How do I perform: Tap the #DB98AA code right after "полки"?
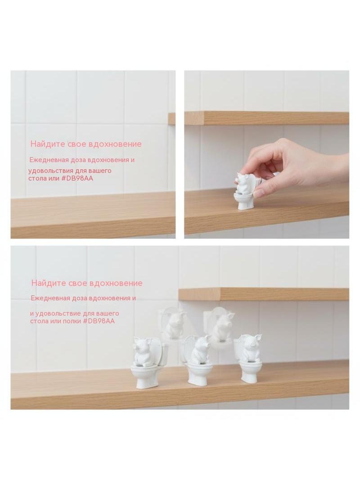pyautogui.click(x=99, y=321)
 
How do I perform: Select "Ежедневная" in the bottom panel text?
pyautogui.click(x=51, y=298)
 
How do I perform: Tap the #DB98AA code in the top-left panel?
pyautogui.click(x=77, y=178)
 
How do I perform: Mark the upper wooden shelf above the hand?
pyautogui.click(x=266, y=118)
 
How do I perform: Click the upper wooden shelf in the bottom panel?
pyautogui.click(x=264, y=294)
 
